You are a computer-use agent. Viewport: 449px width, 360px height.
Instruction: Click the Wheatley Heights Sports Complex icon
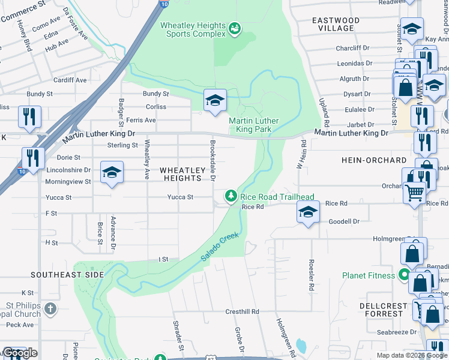tap(235, 28)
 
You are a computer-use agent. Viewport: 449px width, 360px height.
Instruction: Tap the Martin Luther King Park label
tap(254, 125)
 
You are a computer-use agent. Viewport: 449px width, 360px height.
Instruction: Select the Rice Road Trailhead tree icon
tap(230, 196)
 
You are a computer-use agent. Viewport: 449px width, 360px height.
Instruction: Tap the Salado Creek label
tap(220, 247)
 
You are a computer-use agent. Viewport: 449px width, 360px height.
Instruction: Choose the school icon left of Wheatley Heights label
tap(112, 173)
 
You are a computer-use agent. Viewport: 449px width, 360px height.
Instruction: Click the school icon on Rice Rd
tap(308, 212)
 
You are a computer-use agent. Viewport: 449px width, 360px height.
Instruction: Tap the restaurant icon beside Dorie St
tap(33, 158)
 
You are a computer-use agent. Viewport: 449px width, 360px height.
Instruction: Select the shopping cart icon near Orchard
tap(414, 193)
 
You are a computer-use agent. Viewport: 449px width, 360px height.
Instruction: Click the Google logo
tap(20, 353)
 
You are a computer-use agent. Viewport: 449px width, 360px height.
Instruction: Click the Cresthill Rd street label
tap(242, 312)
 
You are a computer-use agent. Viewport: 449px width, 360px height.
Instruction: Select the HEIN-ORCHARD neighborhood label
tap(373, 161)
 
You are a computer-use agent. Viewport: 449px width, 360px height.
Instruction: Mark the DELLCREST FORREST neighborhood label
tap(384, 310)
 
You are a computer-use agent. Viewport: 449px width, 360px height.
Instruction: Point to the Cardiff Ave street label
tap(70, 80)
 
